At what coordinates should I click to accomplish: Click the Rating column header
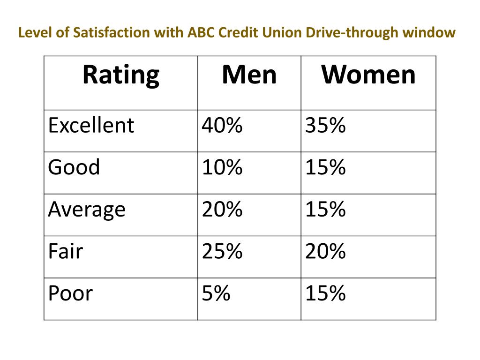121,75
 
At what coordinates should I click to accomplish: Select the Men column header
249,75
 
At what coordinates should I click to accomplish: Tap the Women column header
368,75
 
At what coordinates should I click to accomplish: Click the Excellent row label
91,126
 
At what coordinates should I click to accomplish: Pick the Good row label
74,167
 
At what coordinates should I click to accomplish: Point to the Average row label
87,210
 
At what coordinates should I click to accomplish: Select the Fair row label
65,251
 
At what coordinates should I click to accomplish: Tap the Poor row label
70,293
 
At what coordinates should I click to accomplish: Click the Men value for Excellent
222,126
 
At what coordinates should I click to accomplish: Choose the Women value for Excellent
325,126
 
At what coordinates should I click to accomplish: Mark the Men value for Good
222,167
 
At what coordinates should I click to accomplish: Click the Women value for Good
325,167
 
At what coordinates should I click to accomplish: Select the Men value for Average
222,210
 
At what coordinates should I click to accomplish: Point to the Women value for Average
325,210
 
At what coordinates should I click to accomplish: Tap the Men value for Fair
222,251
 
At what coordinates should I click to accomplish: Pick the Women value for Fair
325,251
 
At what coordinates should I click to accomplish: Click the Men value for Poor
216,293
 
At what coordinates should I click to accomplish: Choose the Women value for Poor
325,293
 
